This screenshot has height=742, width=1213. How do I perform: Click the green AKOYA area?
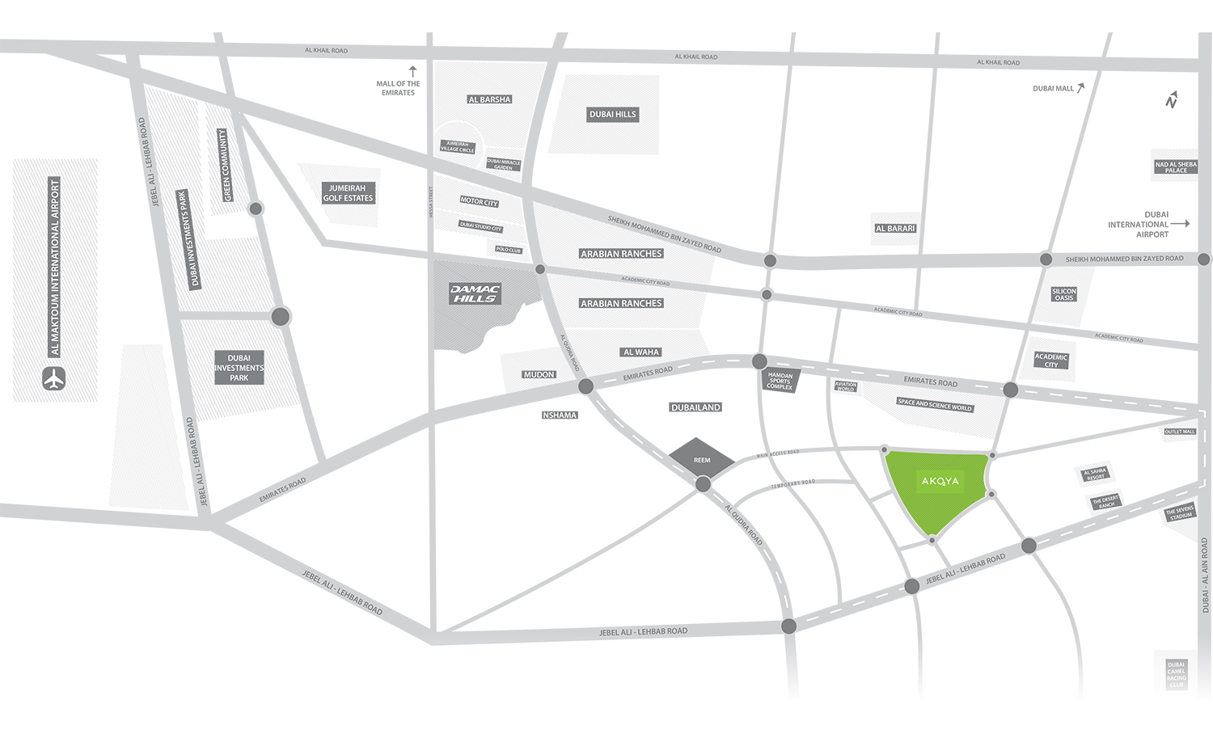[938, 489]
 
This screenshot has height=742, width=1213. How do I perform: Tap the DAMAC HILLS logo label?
[475, 293]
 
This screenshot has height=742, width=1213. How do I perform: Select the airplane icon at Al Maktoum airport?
[54, 378]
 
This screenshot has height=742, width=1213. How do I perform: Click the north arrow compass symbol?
[1171, 99]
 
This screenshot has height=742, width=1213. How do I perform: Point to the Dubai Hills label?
[612, 115]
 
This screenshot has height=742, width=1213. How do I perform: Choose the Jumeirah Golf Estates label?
[348, 193]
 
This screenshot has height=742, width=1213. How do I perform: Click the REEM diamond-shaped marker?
[701, 459]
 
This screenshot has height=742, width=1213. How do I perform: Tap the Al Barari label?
[895, 229]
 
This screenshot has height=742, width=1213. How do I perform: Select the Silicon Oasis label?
[1063, 294]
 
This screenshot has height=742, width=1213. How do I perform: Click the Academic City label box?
[1051, 360]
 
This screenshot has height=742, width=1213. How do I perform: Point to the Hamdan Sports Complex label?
[780, 381]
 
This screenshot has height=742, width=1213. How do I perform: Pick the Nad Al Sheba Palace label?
[1176, 167]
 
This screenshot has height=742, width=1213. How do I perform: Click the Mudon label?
[539, 374]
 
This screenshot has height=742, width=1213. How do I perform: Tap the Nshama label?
[560, 415]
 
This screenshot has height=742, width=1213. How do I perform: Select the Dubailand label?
[695, 407]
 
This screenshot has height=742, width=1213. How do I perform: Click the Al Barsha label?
[489, 99]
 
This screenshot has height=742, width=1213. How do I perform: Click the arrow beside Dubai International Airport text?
[1180, 224]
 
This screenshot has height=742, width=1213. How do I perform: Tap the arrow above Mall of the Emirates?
[412, 71]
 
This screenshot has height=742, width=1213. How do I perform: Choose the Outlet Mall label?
[1179, 432]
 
